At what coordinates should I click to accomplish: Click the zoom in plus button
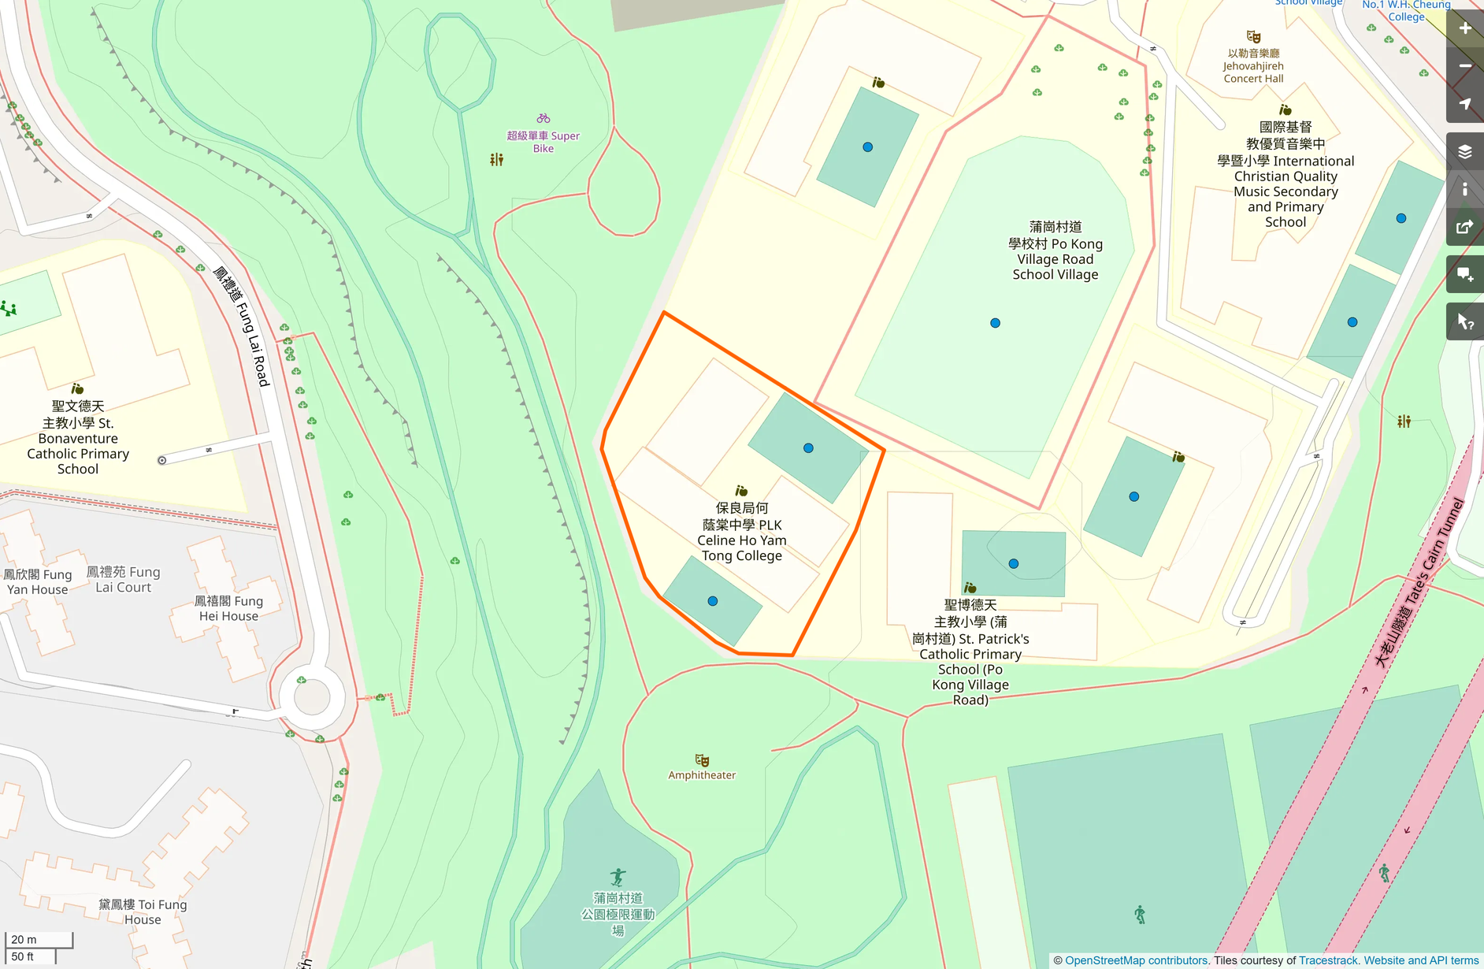[1465, 28]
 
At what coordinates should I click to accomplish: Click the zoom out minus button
[1465, 66]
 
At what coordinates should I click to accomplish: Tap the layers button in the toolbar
[1465, 151]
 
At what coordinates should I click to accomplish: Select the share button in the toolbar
[1465, 227]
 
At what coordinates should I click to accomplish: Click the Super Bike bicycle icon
[544, 118]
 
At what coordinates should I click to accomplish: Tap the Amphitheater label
[702, 775]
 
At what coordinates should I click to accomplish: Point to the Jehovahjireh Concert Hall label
[1253, 66]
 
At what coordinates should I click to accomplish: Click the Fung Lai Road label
[243, 326]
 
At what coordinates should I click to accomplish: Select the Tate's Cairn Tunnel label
[1419, 583]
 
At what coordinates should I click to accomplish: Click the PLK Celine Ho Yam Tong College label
[741, 532]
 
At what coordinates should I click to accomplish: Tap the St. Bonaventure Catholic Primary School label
[78, 437]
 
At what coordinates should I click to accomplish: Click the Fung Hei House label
[228, 608]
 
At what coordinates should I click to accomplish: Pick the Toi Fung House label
[143, 911]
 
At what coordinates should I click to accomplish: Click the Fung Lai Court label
[124, 579]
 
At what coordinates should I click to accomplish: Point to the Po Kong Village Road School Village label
[1055, 251]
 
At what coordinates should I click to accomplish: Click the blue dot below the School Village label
[995, 323]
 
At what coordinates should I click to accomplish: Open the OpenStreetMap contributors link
[1136, 960]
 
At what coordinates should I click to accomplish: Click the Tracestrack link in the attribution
[1328, 960]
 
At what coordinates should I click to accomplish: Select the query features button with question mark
[1465, 321]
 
